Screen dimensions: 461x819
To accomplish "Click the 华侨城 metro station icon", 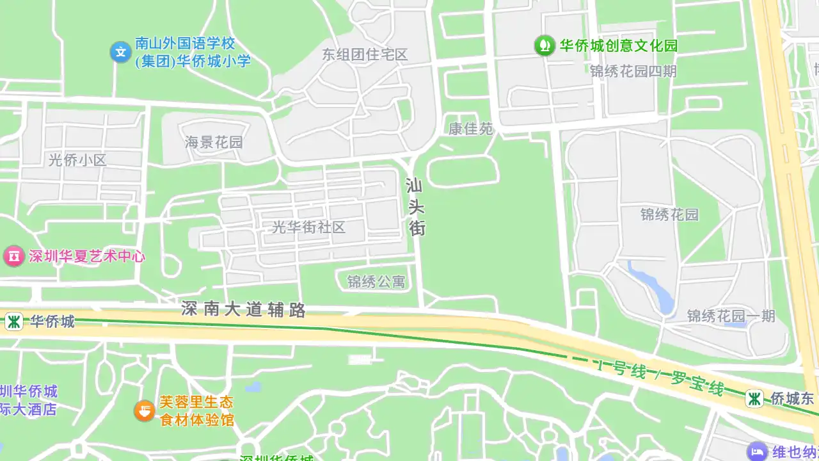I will [x=13, y=321].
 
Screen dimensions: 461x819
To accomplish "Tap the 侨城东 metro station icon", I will [x=755, y=398].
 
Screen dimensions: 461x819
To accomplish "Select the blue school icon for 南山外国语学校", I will [x=120, y=52].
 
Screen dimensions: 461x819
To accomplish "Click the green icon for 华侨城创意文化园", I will [x=545, y=45].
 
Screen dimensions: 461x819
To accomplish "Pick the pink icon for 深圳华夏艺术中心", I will [x=13, y=257].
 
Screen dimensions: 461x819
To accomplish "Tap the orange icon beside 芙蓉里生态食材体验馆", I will [x=145, y=410].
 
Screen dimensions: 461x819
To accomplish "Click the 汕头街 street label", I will [x=416, y=207].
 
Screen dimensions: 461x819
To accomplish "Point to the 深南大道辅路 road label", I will [x=243, y=310].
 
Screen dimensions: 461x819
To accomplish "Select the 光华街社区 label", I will [x=309, y=227].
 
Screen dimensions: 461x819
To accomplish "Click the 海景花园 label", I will [x=214, y=142].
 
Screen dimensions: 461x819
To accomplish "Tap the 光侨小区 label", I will [x=77, y=160].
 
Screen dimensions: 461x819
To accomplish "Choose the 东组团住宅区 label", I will [x=365, y=54].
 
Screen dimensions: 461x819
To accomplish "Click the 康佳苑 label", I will [x=470, y=129].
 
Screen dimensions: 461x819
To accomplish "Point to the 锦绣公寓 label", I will [x=376, y=281].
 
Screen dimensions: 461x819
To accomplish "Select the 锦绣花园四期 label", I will [x=633, y=71].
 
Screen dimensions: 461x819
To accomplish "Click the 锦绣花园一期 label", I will [x=731, y=316].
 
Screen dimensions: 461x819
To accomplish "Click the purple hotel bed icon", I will [x=757, y=451].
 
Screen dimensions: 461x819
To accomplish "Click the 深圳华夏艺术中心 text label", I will [x=87, y=257].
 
